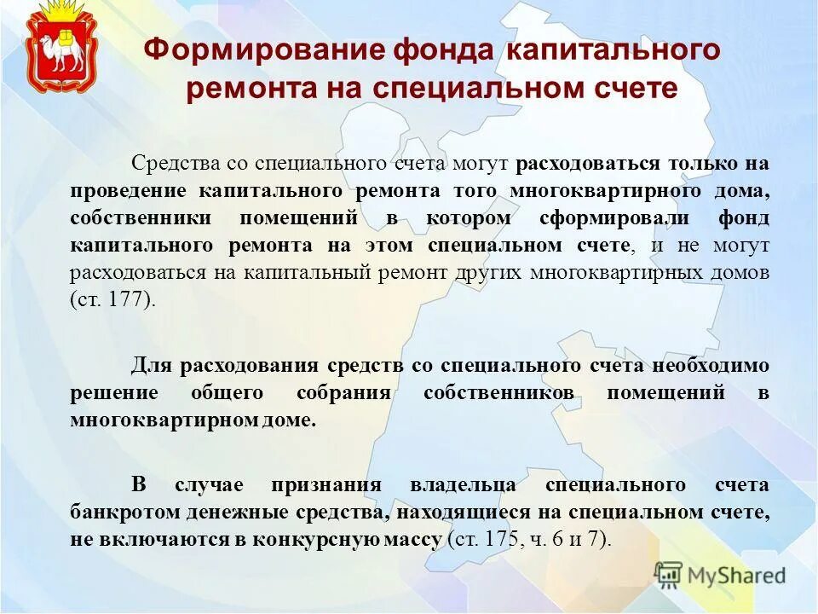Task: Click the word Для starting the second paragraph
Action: pos(151,366)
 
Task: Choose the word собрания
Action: pos(343,394)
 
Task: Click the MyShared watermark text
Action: pos(738,576)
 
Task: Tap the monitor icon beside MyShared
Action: pos(670,576)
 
